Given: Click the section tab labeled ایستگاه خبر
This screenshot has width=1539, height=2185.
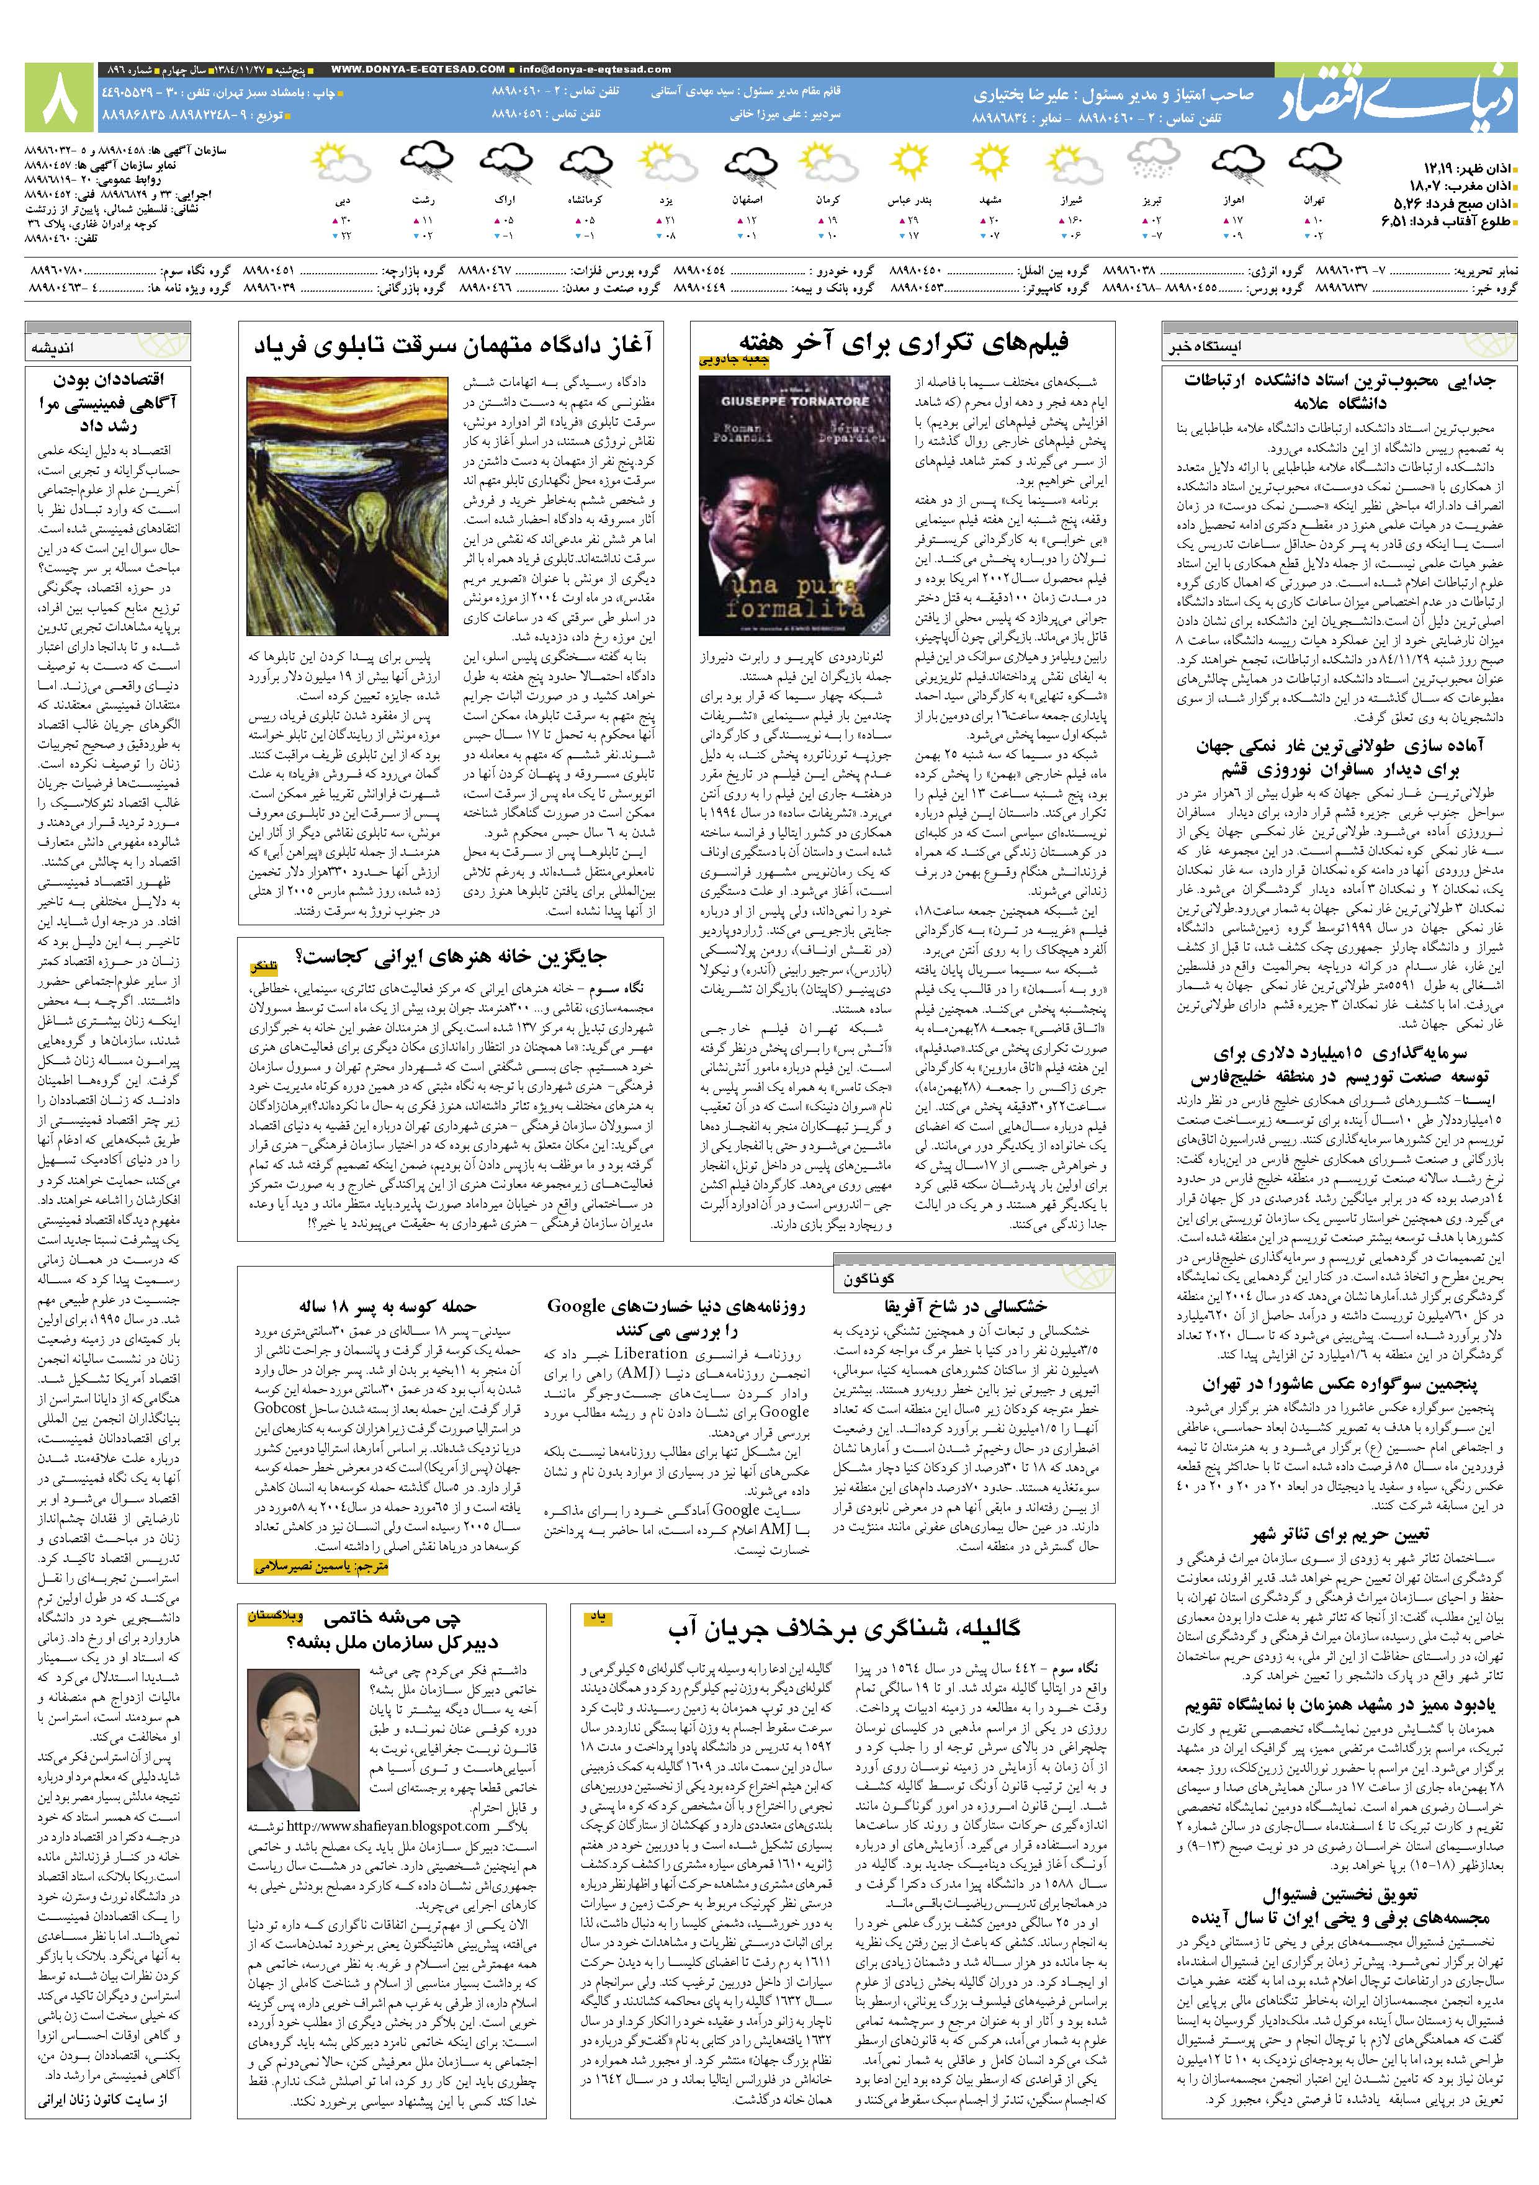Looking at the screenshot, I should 1203,348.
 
